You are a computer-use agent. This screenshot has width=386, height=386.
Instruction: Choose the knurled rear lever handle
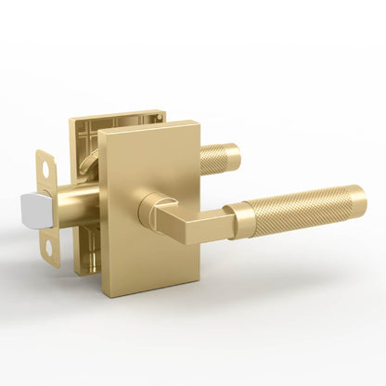pos(223,156)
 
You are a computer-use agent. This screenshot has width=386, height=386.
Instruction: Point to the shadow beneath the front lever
pos(278,264)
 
